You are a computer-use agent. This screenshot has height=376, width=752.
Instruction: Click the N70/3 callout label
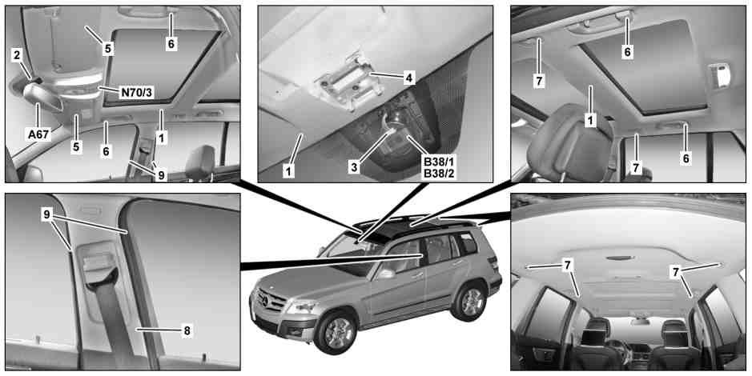(x=137, y=92)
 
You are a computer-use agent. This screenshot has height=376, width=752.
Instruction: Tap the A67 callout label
(x=38, y=134)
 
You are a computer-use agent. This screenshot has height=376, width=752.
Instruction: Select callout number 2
(x=17, y=55)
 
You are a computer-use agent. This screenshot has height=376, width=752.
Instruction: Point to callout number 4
(x=408, y=77)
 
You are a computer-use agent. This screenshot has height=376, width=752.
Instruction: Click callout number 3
(x=354, y=168)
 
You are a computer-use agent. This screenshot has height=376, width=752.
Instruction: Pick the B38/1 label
(x=438, y=162)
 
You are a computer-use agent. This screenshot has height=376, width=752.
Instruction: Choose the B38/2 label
(x=438, y=174)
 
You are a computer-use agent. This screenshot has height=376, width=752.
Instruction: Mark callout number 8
(x=187, y=330)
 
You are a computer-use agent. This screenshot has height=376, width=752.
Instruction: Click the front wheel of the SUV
(x=339, y=333)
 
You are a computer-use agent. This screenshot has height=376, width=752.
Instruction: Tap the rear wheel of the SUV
(x=470, y=302)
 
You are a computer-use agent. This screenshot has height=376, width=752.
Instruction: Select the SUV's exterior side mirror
(x=385, y=274)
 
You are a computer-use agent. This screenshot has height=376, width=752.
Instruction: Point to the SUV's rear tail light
(x=493, y=263)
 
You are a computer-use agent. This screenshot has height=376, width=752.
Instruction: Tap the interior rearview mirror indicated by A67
(x=42, y=97)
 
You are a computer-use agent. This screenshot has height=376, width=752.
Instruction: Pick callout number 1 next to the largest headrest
(x=590, y=120)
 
